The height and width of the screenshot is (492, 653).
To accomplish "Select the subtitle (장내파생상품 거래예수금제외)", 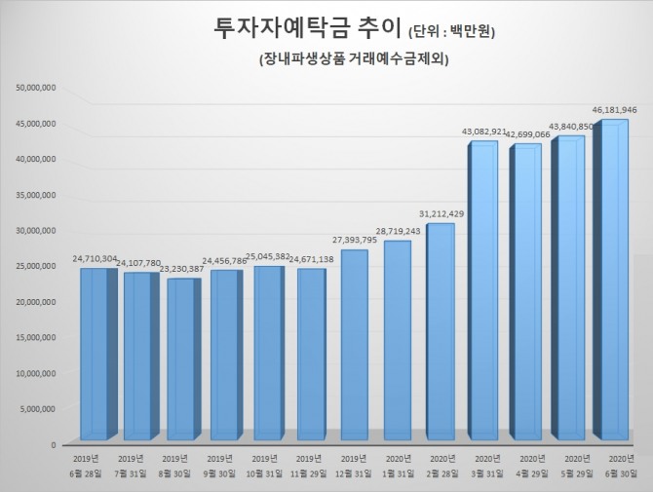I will [x=355, y=60].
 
